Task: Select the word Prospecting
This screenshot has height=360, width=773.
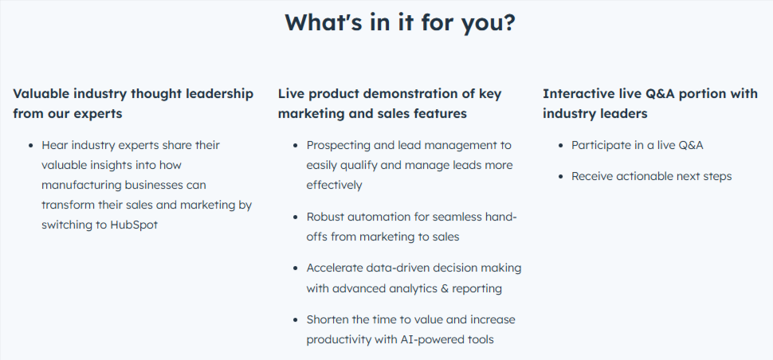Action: pyautogui.click(x=339, y=146)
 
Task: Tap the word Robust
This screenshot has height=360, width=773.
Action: pyautogui.click(x=326, y=216)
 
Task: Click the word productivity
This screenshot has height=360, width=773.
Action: pyautogui.click(x=339, y=340)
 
